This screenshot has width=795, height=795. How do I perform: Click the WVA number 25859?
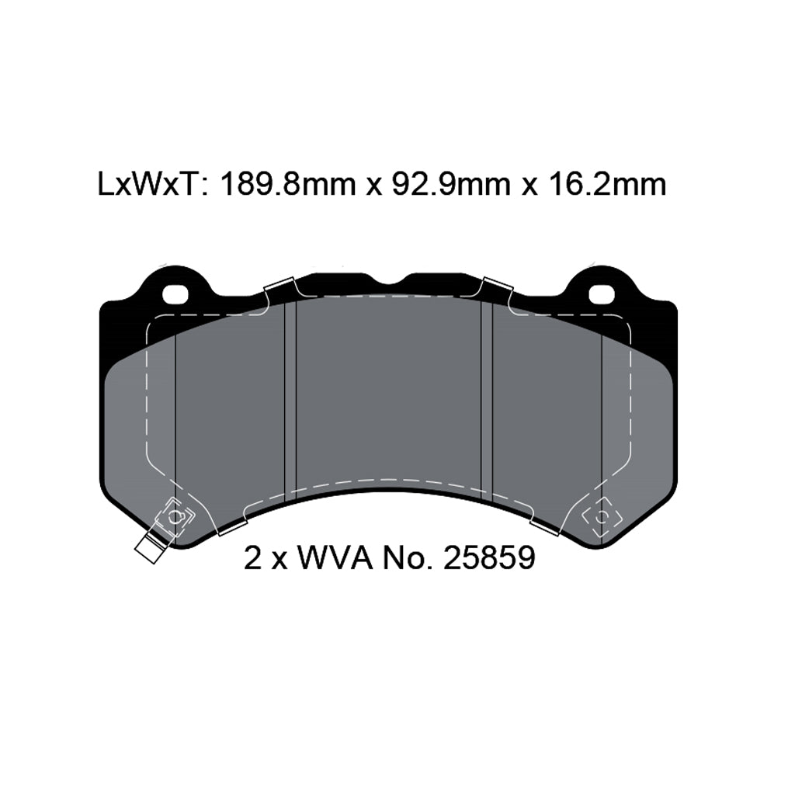488,557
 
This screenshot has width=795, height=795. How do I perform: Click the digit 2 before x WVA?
252,557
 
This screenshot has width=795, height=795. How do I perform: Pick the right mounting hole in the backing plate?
601,295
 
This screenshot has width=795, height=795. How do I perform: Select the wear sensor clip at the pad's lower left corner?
176,516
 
